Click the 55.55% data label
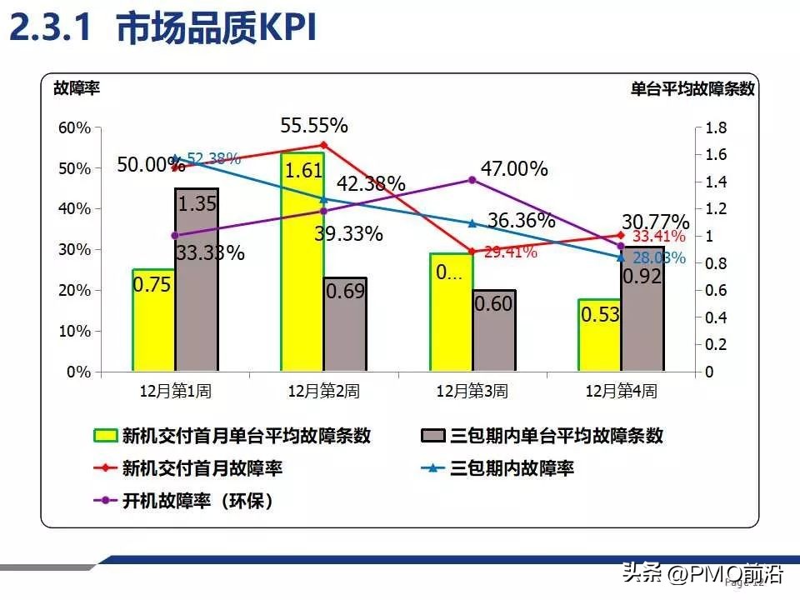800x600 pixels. pos(314,126)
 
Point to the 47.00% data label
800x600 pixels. pos(514,169)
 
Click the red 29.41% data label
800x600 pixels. pos(511,252)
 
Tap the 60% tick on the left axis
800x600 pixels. pos(73,127)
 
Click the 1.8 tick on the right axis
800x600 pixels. pos(717,127)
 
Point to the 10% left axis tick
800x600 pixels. pos(73,331)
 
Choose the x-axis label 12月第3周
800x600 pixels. pos(472,390)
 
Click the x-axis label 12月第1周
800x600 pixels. pos(175,390)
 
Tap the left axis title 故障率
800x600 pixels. pos(76,87)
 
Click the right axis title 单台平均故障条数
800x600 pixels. pos(692,89)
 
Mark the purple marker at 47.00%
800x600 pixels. pos(472,180)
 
